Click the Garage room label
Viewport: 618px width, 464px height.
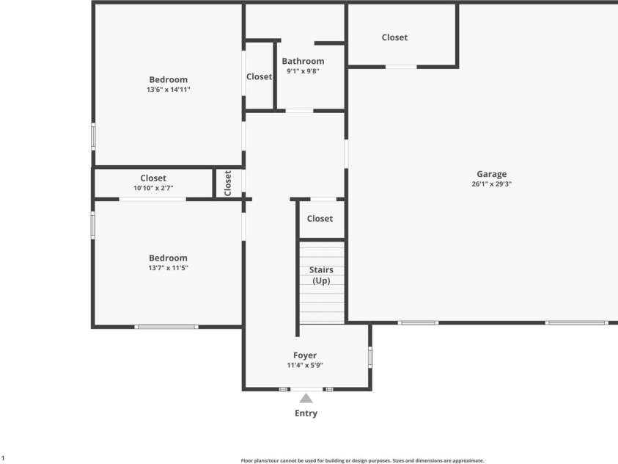point(491,174)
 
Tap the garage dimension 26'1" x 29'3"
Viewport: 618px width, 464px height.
point(491,184)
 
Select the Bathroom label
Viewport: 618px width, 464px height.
point(303,61)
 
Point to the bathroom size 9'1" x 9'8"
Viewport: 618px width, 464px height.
point(303,71)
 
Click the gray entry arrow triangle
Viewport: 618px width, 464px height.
point(306,398)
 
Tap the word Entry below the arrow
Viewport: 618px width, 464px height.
point(306,413)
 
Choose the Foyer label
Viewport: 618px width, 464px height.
point(305,355)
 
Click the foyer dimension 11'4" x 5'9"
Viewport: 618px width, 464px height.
point(305,366)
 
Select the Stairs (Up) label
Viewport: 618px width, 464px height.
point(321,275)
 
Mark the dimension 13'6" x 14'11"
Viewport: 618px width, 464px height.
point(169,90)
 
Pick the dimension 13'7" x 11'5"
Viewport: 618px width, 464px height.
point(168,268)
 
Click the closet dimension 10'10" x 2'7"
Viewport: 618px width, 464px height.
point(153,188)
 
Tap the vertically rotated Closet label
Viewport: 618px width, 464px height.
point(227,183)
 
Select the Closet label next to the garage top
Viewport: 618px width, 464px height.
point(394,37)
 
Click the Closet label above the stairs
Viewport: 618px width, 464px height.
point(320,219)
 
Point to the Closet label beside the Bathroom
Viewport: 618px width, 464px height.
point(259,76)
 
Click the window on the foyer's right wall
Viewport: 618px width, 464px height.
point(369,357)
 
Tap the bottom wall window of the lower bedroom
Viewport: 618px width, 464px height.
point(166,327)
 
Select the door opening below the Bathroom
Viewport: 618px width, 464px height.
point(300,112)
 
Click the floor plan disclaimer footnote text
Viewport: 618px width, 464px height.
point(362,460)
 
